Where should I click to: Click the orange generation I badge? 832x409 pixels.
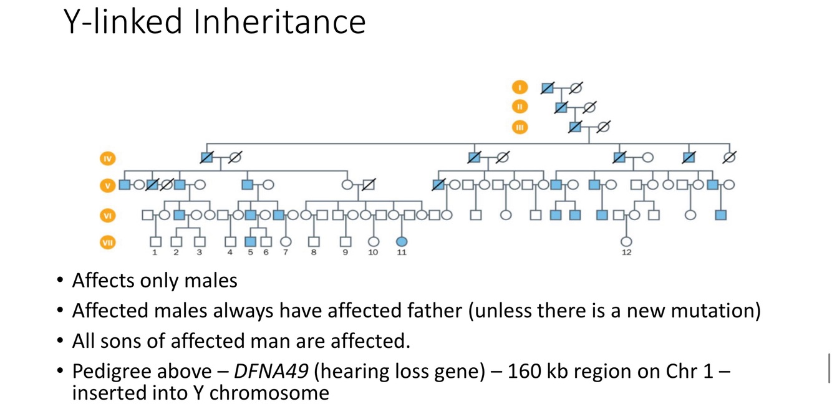point(520,88)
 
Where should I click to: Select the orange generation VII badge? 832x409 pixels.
point(108,242)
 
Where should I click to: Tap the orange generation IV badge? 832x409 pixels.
point(108,158)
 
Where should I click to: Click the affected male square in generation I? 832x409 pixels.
point(548,88)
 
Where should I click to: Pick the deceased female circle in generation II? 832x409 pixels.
point(589,107)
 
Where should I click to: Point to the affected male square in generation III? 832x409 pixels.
point(575,127)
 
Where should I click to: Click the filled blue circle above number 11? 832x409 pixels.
point(402,241)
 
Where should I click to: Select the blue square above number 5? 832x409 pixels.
point(251,241)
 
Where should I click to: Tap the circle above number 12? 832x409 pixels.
point(626,241)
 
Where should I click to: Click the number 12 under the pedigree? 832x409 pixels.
point(626,253)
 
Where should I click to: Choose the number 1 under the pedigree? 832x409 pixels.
point(155,253)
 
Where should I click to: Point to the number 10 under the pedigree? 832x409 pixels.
point(373,253)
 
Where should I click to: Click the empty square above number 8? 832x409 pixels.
point(314,241)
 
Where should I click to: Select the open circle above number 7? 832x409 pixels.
point(286,241)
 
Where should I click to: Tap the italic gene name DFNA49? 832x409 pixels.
point(271,371)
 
